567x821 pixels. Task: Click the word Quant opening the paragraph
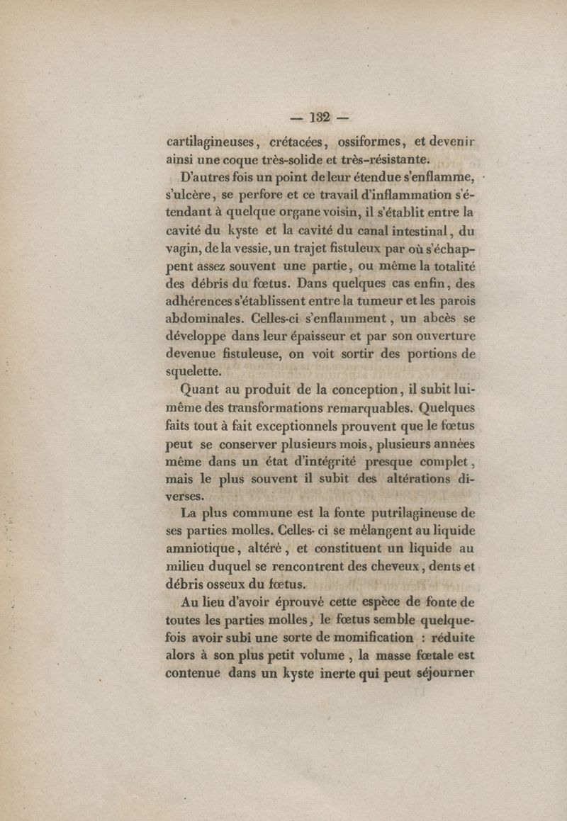[202, 390]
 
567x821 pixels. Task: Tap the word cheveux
[396, 566]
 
